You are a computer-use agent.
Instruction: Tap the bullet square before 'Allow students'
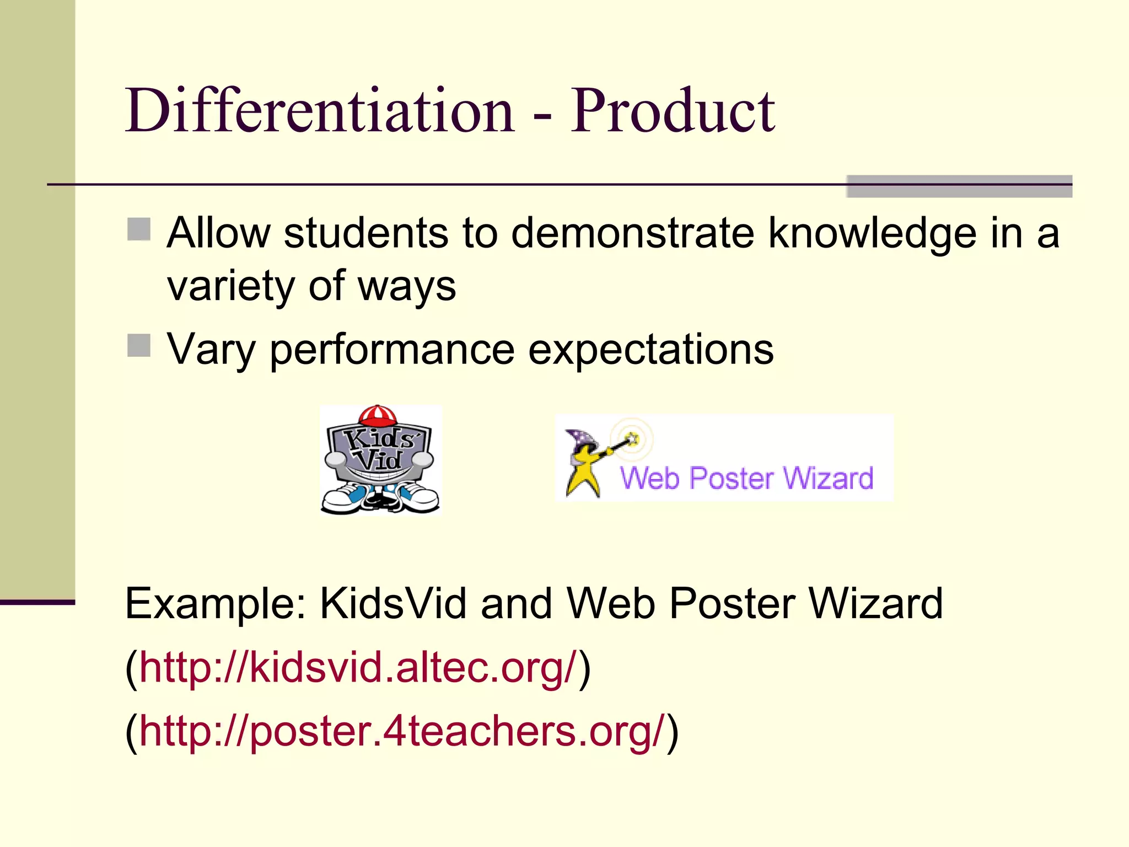click(x=139, y=229)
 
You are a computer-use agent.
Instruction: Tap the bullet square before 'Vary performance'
click(x=139, y=346)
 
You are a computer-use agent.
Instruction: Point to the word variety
click(x=231, y=287)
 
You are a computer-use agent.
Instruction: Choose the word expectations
click(x=650, y=350)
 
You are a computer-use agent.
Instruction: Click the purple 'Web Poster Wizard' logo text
click(x=746, y=478)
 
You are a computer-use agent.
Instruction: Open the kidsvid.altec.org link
click(x=358, y=668)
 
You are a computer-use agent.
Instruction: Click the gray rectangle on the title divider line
click(x=959, y=186)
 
